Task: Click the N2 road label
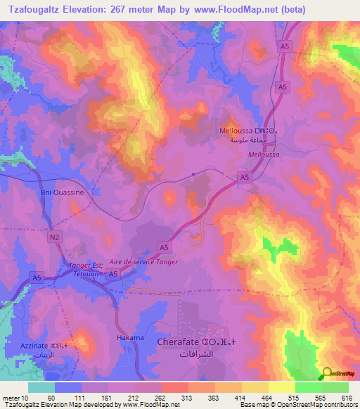coord(55,238)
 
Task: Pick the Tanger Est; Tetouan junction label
coord(88,269)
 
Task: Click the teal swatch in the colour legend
coord(41,387)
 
